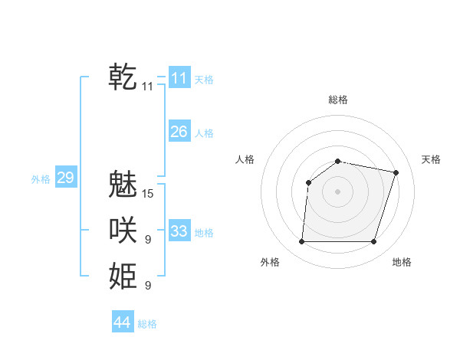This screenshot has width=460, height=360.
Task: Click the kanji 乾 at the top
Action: (x=123, y=77)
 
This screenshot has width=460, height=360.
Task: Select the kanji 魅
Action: (x=123, y=184)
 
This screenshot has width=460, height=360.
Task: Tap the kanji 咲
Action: (x=123, y=230)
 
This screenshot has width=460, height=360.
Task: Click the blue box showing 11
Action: (x=179, y=78)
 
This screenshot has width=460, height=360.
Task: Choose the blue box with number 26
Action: (x=179, y=132)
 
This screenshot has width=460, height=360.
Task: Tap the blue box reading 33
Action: (x=179, y=231)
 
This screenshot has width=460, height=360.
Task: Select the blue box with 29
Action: (x=65, y=178)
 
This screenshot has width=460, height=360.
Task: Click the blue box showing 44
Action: (x=122, y=322)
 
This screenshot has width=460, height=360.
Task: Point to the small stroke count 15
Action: (x=148, y=194)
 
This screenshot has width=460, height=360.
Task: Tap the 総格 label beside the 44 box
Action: (x=147, y=324)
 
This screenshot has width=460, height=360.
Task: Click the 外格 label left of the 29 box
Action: (x=41, y=179)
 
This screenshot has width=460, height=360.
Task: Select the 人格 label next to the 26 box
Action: (x=204, y=133)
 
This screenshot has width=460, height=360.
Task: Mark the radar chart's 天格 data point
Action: (x=396, y=172)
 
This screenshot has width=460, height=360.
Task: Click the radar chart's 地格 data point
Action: (x=373, y=242)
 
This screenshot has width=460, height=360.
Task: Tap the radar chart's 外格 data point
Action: (x=301, y=242)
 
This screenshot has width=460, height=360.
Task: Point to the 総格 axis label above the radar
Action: (x=337, y=100)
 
